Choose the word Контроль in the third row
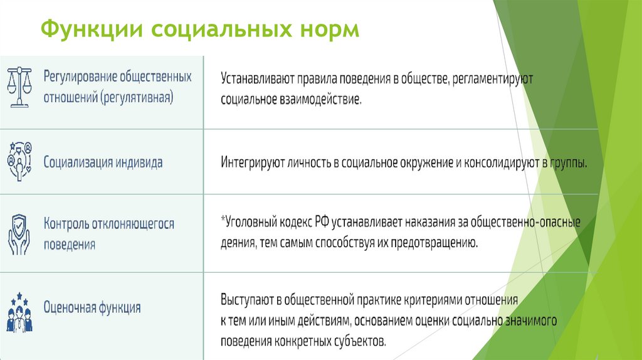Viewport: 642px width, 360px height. point(67,224)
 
